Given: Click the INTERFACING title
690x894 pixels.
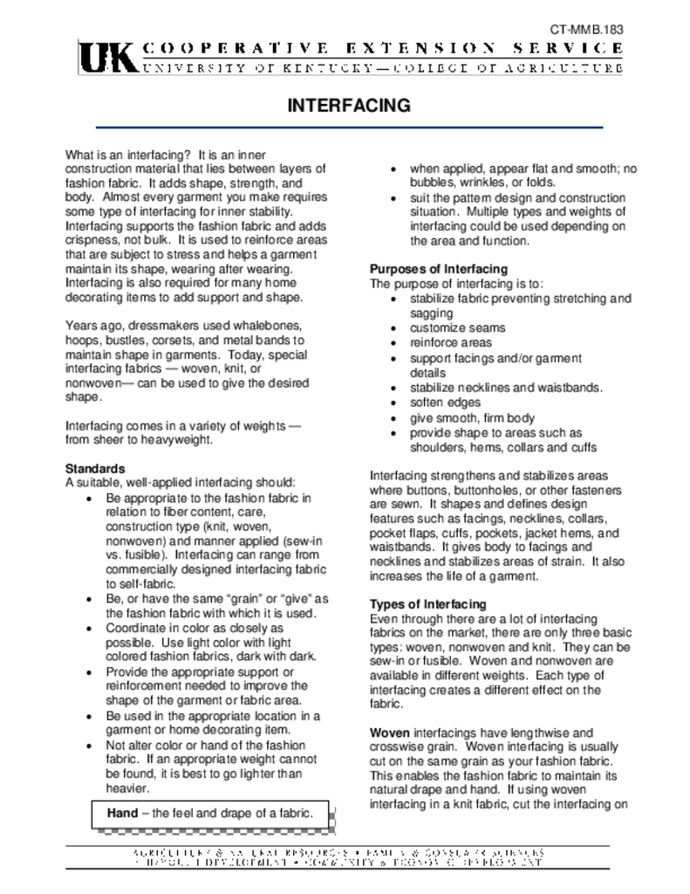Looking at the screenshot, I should coord(349,106).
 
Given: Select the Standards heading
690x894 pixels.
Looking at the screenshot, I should coord(95,468).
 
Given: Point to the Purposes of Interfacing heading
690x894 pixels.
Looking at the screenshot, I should coord(439,269).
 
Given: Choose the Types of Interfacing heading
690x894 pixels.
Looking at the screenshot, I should coord(428,604).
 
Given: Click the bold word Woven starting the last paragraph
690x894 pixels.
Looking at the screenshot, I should coord(389,732).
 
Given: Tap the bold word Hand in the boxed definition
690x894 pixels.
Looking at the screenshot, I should coord(123,813).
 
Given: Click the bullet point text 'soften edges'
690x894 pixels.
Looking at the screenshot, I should coord(445,402).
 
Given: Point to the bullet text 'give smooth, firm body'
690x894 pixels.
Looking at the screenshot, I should coord(472,418).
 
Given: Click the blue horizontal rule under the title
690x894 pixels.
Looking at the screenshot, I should coord(349,128).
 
